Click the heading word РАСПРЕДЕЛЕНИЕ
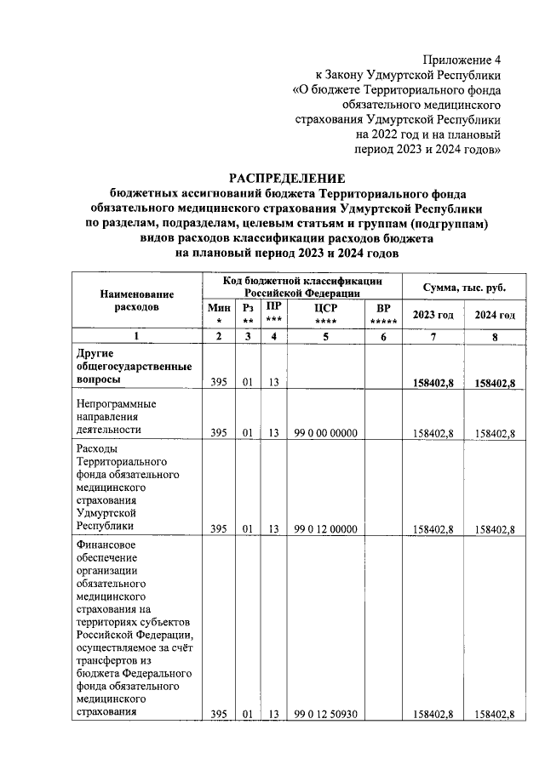click(287, 178)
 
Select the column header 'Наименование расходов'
click(136, 299)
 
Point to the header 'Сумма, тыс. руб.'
click(463, 288)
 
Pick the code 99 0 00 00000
click(324, 433)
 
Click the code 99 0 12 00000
click(324, 528)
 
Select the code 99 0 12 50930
click(324, 715)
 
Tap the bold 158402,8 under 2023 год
click(433, 384)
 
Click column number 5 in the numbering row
click(324, 337)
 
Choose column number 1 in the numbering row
click(136, 337)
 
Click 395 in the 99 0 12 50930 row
click(219, 715)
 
